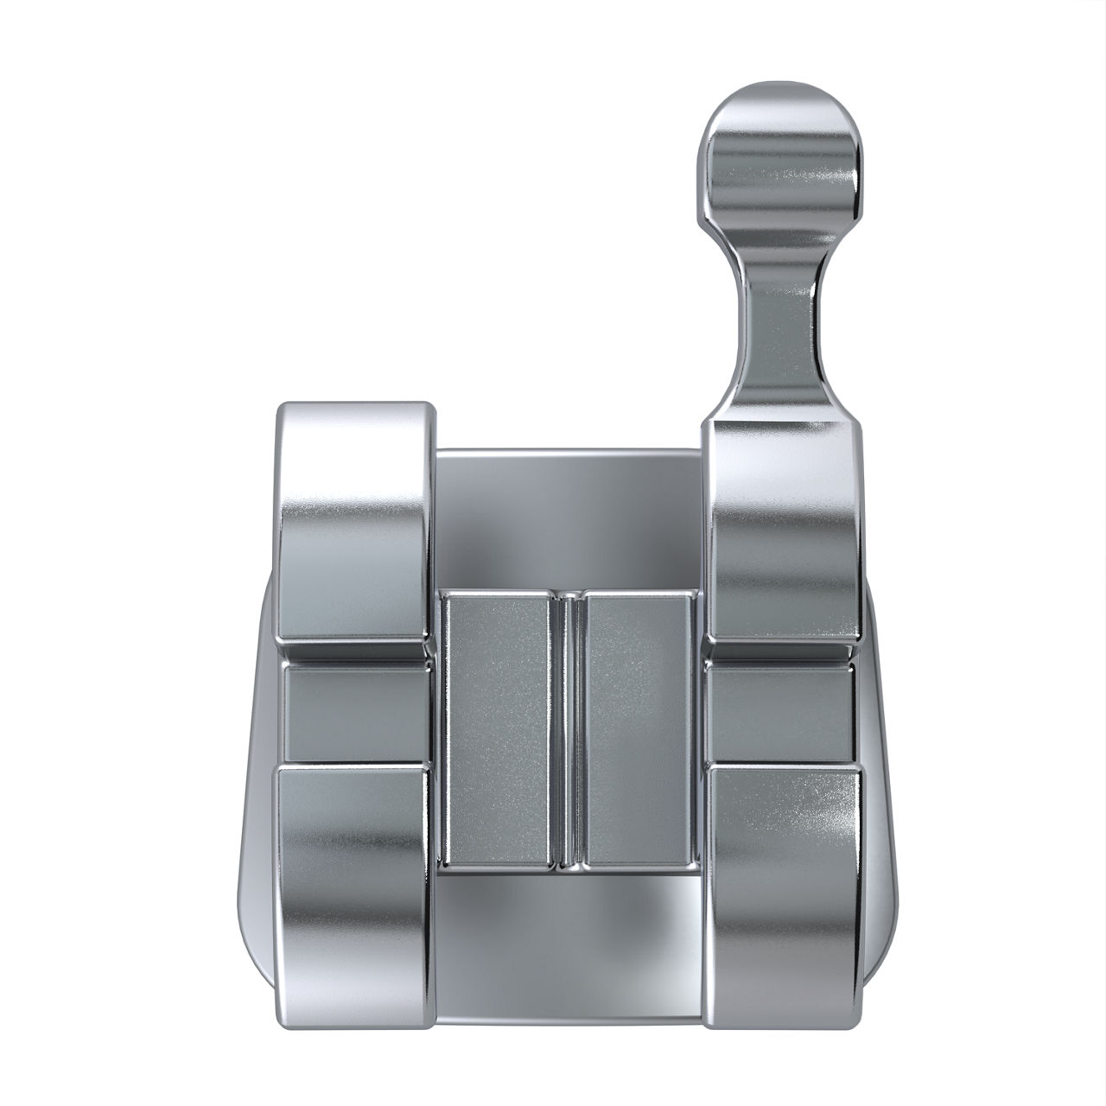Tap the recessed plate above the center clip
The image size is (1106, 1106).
pos(567,518)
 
